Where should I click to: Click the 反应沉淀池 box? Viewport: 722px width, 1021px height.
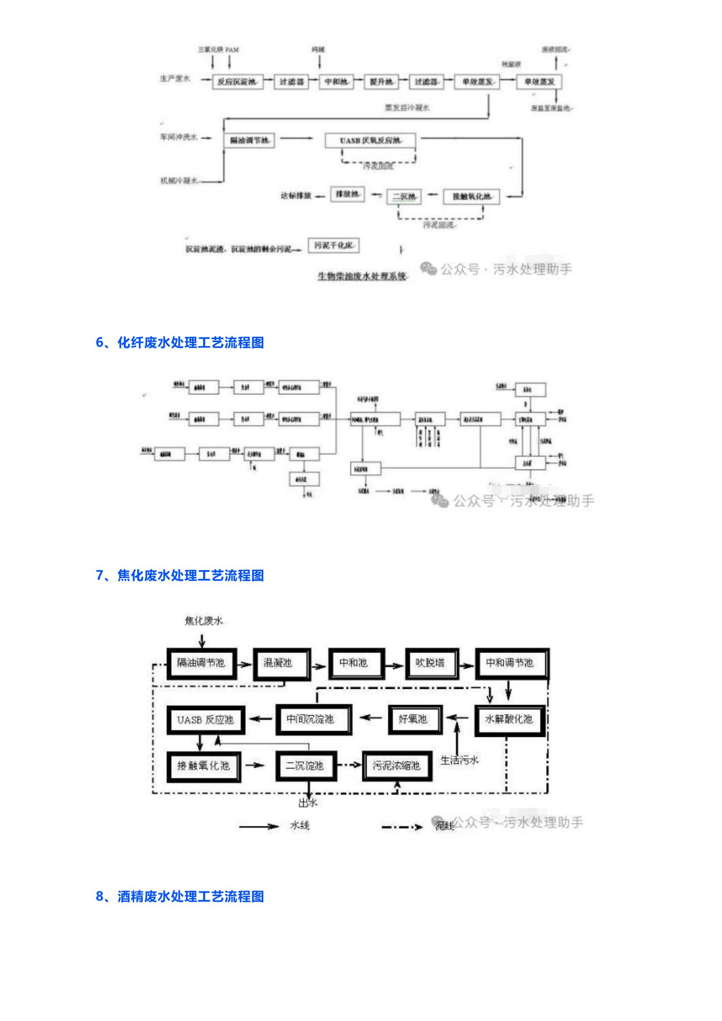237,82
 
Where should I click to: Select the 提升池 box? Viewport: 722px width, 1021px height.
381,82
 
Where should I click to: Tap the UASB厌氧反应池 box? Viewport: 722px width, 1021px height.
370,141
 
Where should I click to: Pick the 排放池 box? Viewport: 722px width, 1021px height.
347,194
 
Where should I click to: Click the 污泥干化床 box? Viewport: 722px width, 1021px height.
333,245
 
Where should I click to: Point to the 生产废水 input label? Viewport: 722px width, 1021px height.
175,79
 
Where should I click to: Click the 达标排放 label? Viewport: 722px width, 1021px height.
296,196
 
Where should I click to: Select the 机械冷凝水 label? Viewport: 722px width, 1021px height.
179,181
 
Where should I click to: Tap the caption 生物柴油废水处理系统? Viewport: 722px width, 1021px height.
362,276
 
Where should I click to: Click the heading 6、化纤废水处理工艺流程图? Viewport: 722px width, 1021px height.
180,342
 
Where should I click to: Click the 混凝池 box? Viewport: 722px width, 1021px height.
281,664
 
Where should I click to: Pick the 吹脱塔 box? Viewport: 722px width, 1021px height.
430,664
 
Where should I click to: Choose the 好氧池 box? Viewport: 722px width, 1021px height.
414,719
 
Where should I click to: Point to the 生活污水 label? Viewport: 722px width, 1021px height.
459,760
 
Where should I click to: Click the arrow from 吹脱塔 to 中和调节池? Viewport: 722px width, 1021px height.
467,666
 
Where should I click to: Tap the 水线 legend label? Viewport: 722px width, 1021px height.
299,826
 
